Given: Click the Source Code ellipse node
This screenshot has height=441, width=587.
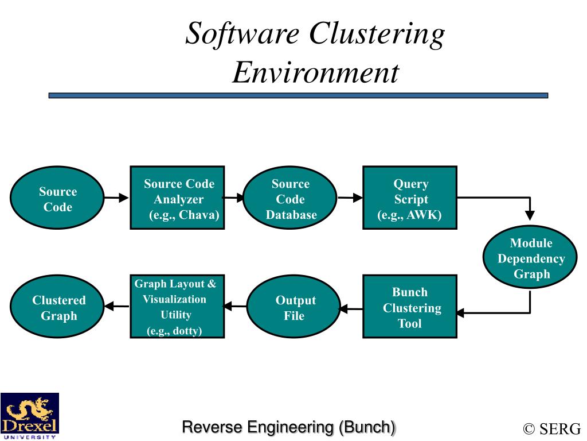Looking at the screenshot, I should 57,199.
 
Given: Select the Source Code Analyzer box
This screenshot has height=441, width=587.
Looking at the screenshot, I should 178,198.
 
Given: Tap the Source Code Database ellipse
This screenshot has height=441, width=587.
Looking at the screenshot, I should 290,199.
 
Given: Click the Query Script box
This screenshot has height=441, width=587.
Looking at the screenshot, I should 410,198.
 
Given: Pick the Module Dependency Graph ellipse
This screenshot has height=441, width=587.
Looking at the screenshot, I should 531,258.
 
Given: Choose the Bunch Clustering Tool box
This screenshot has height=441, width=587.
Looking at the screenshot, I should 410,307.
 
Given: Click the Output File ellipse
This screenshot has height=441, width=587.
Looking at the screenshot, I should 295,307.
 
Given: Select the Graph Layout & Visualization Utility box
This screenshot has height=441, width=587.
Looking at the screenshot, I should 175,307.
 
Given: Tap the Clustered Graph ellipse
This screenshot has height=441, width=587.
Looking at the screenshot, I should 58,307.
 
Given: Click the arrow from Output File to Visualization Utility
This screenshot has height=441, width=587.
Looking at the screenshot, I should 235,307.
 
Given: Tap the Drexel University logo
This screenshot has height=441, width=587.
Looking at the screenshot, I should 29,415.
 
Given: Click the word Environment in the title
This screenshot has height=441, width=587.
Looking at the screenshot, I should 315,73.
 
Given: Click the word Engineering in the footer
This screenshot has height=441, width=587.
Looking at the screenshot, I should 289,427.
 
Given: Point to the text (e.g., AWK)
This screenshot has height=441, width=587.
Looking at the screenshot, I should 410,215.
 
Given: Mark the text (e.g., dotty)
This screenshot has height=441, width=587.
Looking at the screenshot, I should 175,331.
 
